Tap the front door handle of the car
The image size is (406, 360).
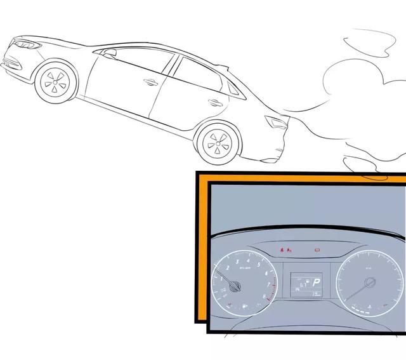pos(150,82)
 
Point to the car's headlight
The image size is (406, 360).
pos(26,45)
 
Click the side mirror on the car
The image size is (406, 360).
pos(109,54)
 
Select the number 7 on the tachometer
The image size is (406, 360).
pos(271,283)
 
